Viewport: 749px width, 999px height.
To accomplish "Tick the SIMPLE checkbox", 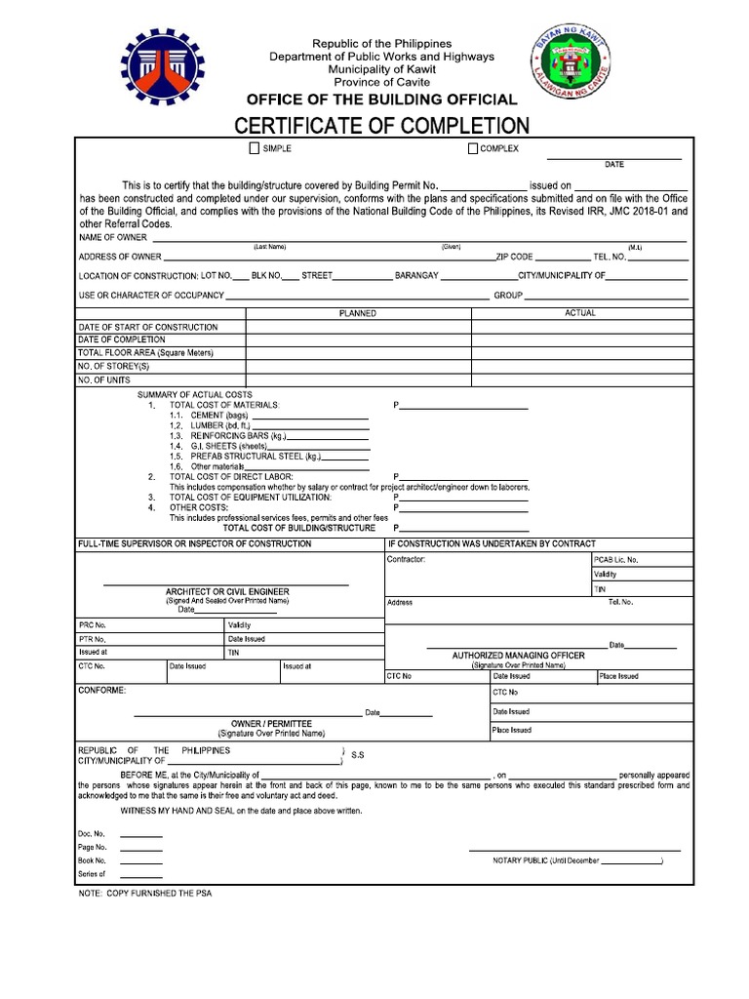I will point(255,148).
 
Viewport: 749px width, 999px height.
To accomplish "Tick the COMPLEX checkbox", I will point(473,148).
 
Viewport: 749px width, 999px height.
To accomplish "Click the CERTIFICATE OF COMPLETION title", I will point(380,125).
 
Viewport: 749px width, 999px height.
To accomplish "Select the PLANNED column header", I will point(357,313).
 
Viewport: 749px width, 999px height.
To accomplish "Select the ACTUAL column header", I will point(580,313).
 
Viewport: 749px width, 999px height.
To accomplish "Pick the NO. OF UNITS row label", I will point(103,379).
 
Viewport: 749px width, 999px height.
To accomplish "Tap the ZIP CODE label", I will point(514,257).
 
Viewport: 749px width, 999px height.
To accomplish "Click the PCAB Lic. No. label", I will point(616,560).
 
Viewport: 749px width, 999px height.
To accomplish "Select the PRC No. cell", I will point(93,624).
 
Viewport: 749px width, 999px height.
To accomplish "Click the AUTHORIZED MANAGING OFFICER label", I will point(518,656).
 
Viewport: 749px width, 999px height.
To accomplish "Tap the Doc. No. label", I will point(90,834).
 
